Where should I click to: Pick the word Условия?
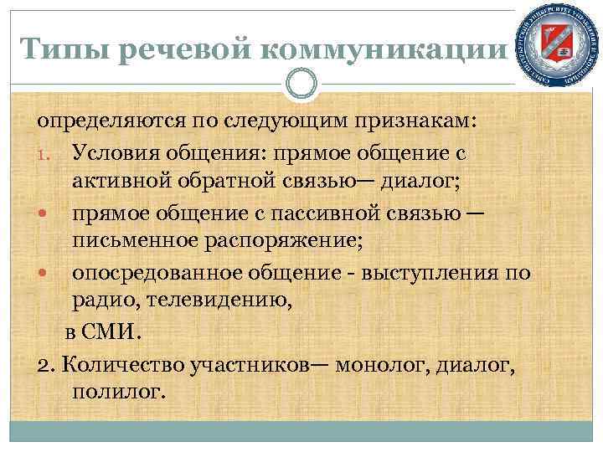[115, 154]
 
